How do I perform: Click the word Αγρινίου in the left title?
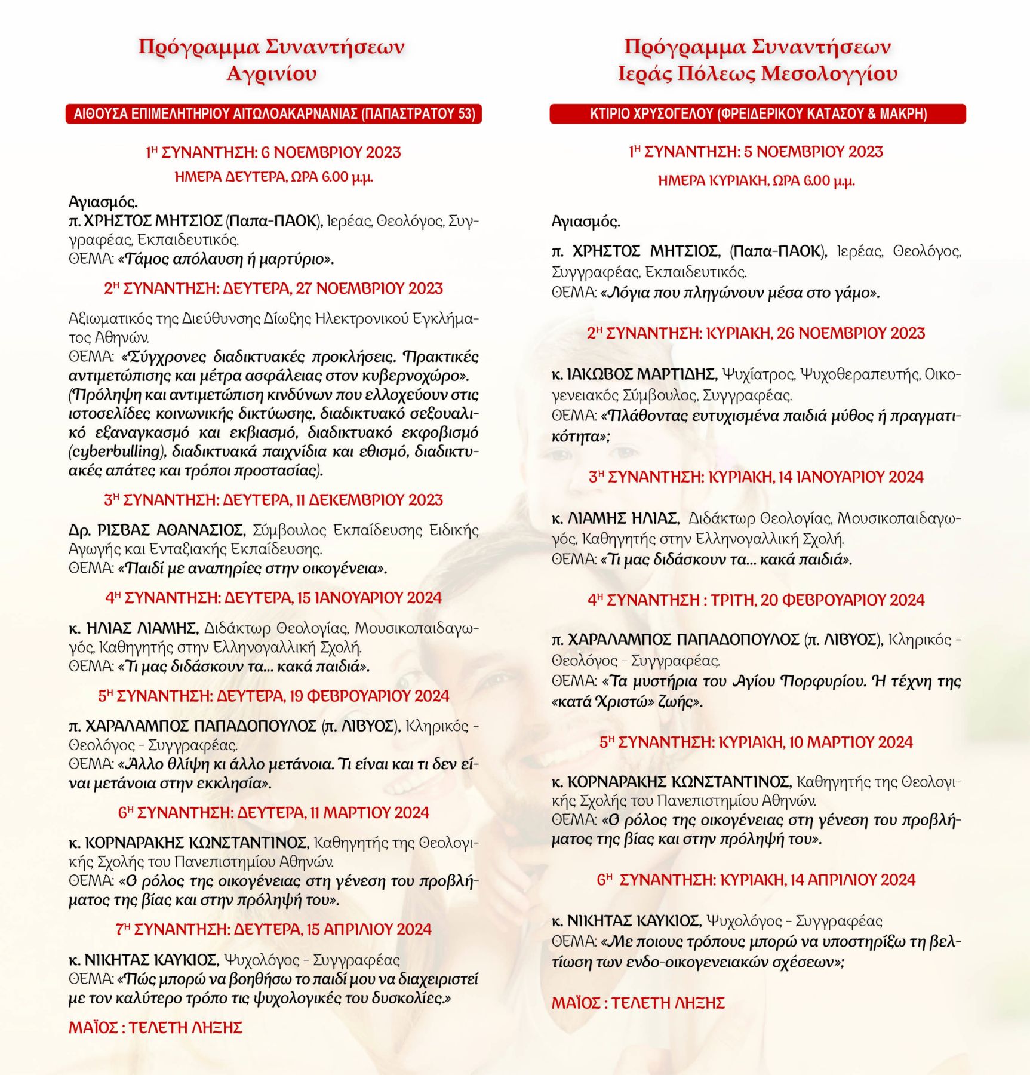(272, 74)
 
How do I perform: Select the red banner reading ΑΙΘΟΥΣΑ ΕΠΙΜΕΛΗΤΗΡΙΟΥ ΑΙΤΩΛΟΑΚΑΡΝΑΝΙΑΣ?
(273, 114)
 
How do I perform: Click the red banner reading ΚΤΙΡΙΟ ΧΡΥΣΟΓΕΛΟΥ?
(758, 114)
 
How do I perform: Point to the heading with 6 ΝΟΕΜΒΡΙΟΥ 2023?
(273, 153)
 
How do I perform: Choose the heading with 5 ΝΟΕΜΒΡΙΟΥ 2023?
(756, 152)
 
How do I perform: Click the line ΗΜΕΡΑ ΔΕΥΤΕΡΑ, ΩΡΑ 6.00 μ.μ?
(273, 177)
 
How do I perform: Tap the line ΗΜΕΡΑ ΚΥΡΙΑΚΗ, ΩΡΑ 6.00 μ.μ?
(756, 180)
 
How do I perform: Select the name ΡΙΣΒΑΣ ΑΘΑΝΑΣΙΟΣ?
(165, 530)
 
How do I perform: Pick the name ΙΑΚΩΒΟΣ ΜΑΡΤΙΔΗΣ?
(642, 374)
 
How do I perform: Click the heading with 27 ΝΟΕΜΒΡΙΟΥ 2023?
(273, 289)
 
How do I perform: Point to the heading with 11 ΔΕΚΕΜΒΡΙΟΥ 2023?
(273, 500)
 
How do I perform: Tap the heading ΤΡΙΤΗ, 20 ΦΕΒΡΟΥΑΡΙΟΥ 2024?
(756, 600)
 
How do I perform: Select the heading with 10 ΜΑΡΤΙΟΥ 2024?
(756, 742)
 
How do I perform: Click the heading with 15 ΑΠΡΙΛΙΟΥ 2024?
(273, 930)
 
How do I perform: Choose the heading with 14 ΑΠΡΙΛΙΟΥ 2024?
(756, 880)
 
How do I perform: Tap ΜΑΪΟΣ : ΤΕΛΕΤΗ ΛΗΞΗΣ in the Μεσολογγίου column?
(638, 1003)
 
